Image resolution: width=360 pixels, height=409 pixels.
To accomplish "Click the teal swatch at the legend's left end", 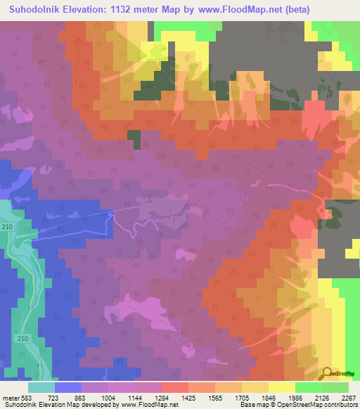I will point(41,387).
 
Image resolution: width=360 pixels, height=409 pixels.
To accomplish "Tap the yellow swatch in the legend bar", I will point(281,387).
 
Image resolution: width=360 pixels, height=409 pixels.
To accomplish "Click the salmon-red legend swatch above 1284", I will point(174,387).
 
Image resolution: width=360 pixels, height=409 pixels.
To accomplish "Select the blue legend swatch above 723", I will point(67,387).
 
